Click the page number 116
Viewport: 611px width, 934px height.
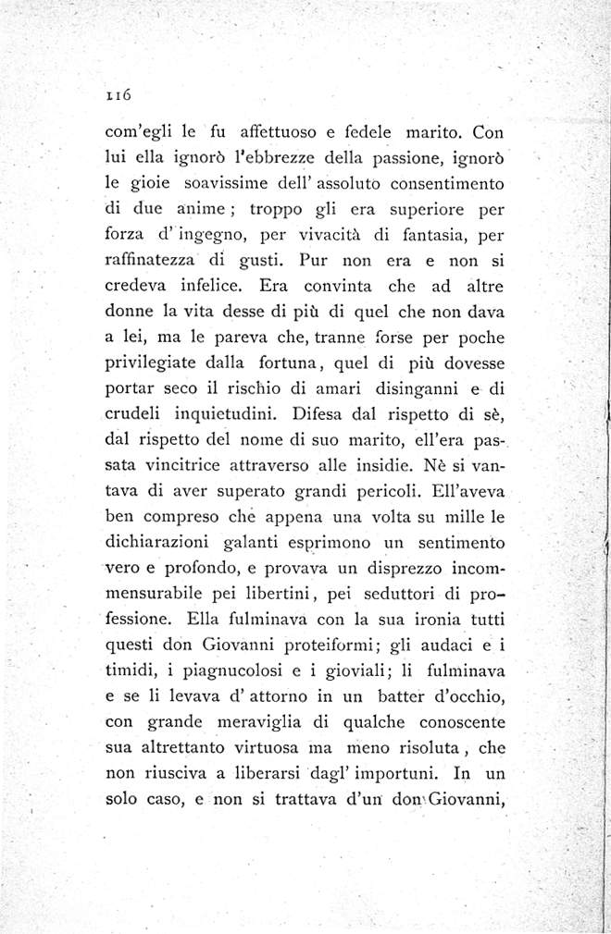120,93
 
